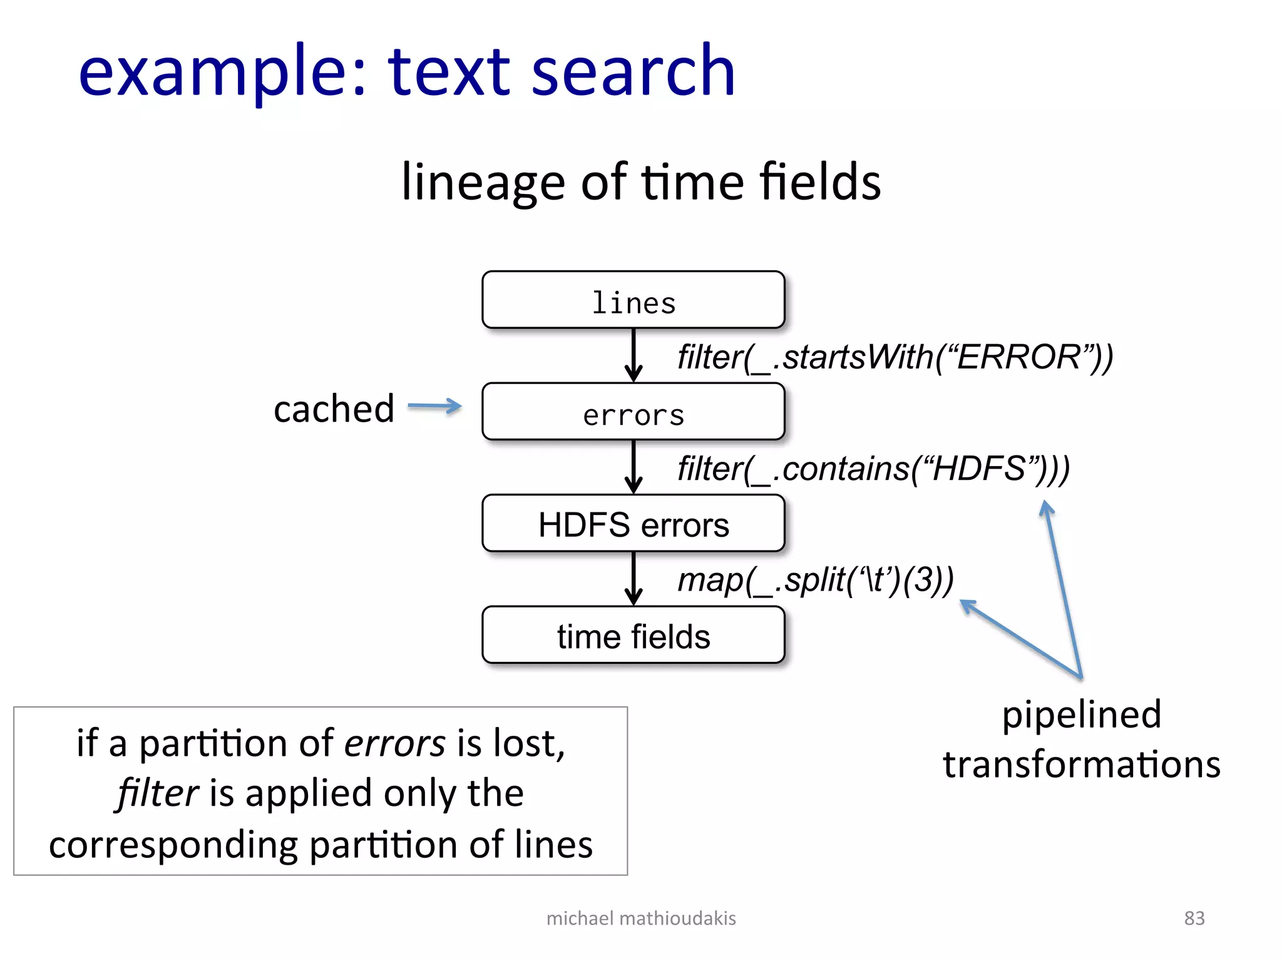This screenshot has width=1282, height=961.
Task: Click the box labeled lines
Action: tap(633, 300)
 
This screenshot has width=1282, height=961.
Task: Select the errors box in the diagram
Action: tap(633, 412)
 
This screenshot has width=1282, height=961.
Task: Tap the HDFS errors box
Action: tap(633, 523)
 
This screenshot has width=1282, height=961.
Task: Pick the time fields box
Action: tap(633, 635)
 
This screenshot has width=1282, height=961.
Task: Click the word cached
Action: tap(334, 409)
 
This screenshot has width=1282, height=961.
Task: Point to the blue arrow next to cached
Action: tap(434, 406)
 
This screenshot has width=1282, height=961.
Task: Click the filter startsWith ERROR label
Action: tap(895, 357)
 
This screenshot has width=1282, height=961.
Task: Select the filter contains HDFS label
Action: tap(873, 469)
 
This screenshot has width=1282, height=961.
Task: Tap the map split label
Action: tap(816, 580)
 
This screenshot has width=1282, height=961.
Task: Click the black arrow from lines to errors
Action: tap(633, 355)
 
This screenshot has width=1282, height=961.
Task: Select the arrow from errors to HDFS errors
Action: tap(633, 467)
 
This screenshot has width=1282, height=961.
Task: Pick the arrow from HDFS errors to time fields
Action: tap(633, 578)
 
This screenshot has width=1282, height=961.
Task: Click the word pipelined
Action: tap(1081, 714)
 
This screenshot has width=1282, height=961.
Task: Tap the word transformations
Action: tap(1081, 765)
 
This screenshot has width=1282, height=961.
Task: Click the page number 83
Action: tap(1194, 918)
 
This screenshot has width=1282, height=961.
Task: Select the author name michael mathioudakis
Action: tap(641, 918)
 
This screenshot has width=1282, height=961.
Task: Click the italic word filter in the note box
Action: tap(158, 793)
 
